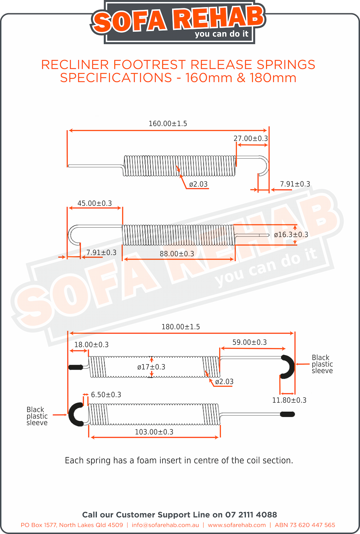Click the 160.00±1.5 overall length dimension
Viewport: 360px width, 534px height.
point(168,124)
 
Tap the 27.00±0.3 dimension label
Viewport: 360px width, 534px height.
point(251,138)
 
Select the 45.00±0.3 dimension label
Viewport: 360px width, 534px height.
point(95,203)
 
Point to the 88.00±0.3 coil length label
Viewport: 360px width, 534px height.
point(177,254)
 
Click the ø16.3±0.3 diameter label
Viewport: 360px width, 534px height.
point(291,235)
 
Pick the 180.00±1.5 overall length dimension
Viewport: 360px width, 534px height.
point(181,327)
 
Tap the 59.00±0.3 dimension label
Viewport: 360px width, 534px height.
point(249,342)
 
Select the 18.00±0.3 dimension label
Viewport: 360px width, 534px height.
point(91,345)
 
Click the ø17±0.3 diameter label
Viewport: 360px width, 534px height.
point(151,367)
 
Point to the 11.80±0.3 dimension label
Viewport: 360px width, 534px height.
point(289,400)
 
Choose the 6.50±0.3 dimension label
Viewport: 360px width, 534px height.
point(106,395)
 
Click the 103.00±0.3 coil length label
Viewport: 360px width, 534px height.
point(154,432)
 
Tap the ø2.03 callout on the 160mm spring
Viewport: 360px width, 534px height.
point(198,184)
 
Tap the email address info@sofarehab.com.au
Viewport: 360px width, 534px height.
point(165,525)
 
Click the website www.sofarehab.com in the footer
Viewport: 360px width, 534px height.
point(237,525)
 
